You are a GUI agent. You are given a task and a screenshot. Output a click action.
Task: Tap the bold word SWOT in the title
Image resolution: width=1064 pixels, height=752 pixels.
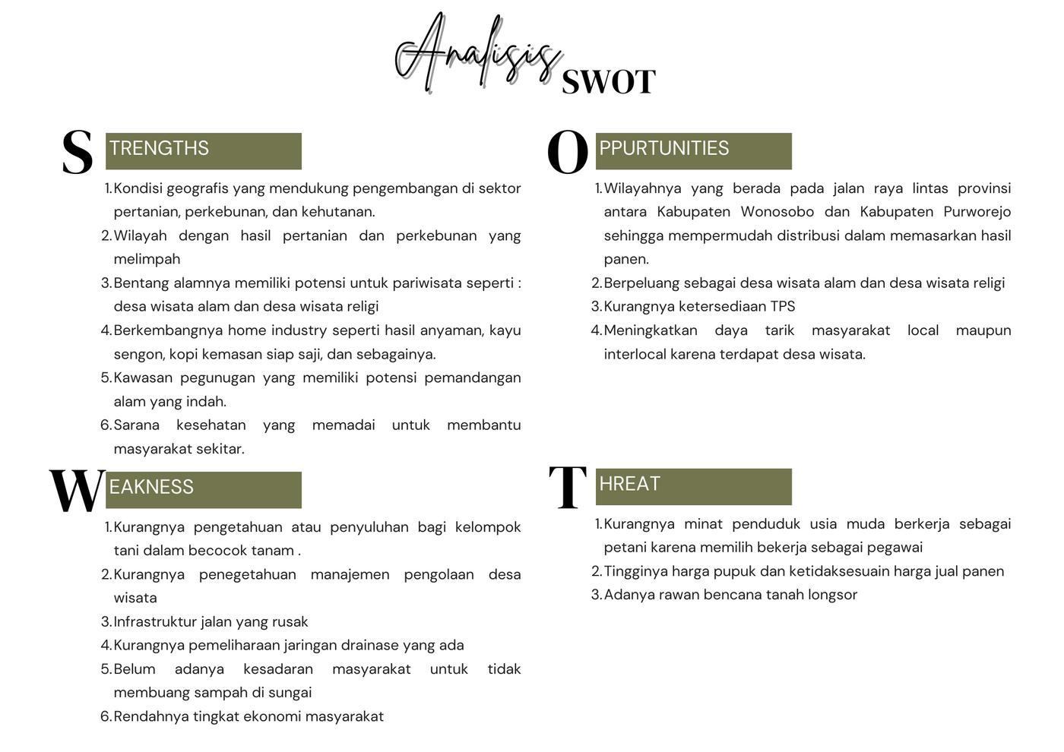(608, 82)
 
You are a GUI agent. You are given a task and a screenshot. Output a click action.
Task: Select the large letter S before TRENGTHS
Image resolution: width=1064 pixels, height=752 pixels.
(77, 152)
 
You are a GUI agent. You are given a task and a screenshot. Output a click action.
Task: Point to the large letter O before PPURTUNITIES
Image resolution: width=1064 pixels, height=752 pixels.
(568, 152)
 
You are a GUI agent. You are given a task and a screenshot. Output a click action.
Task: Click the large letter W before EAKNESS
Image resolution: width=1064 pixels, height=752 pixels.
(77, 491)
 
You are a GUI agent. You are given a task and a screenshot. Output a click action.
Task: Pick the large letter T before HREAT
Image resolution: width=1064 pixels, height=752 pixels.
(568, 488)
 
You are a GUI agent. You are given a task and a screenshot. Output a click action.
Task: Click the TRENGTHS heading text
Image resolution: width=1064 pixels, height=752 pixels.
(159, 148)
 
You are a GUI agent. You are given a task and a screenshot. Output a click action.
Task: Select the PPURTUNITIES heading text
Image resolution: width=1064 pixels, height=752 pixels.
(663, 148)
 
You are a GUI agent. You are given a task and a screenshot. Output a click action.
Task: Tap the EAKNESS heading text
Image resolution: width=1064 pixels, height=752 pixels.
(151, 487)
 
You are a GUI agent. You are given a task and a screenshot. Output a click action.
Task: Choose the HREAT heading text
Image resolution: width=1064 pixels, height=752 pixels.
(629, 484)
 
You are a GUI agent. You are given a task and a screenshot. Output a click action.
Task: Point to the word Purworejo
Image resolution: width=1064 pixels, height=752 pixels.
(977, 212)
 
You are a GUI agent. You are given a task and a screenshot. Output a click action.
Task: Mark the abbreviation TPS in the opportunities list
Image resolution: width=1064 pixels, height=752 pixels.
(782, 307)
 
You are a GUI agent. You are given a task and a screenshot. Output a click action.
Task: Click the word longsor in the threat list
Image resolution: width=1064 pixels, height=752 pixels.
(831, 595)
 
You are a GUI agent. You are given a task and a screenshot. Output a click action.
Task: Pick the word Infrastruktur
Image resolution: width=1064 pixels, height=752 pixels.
(156, 622)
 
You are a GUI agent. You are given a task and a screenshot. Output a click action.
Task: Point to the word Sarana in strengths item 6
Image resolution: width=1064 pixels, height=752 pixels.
(137, 425)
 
